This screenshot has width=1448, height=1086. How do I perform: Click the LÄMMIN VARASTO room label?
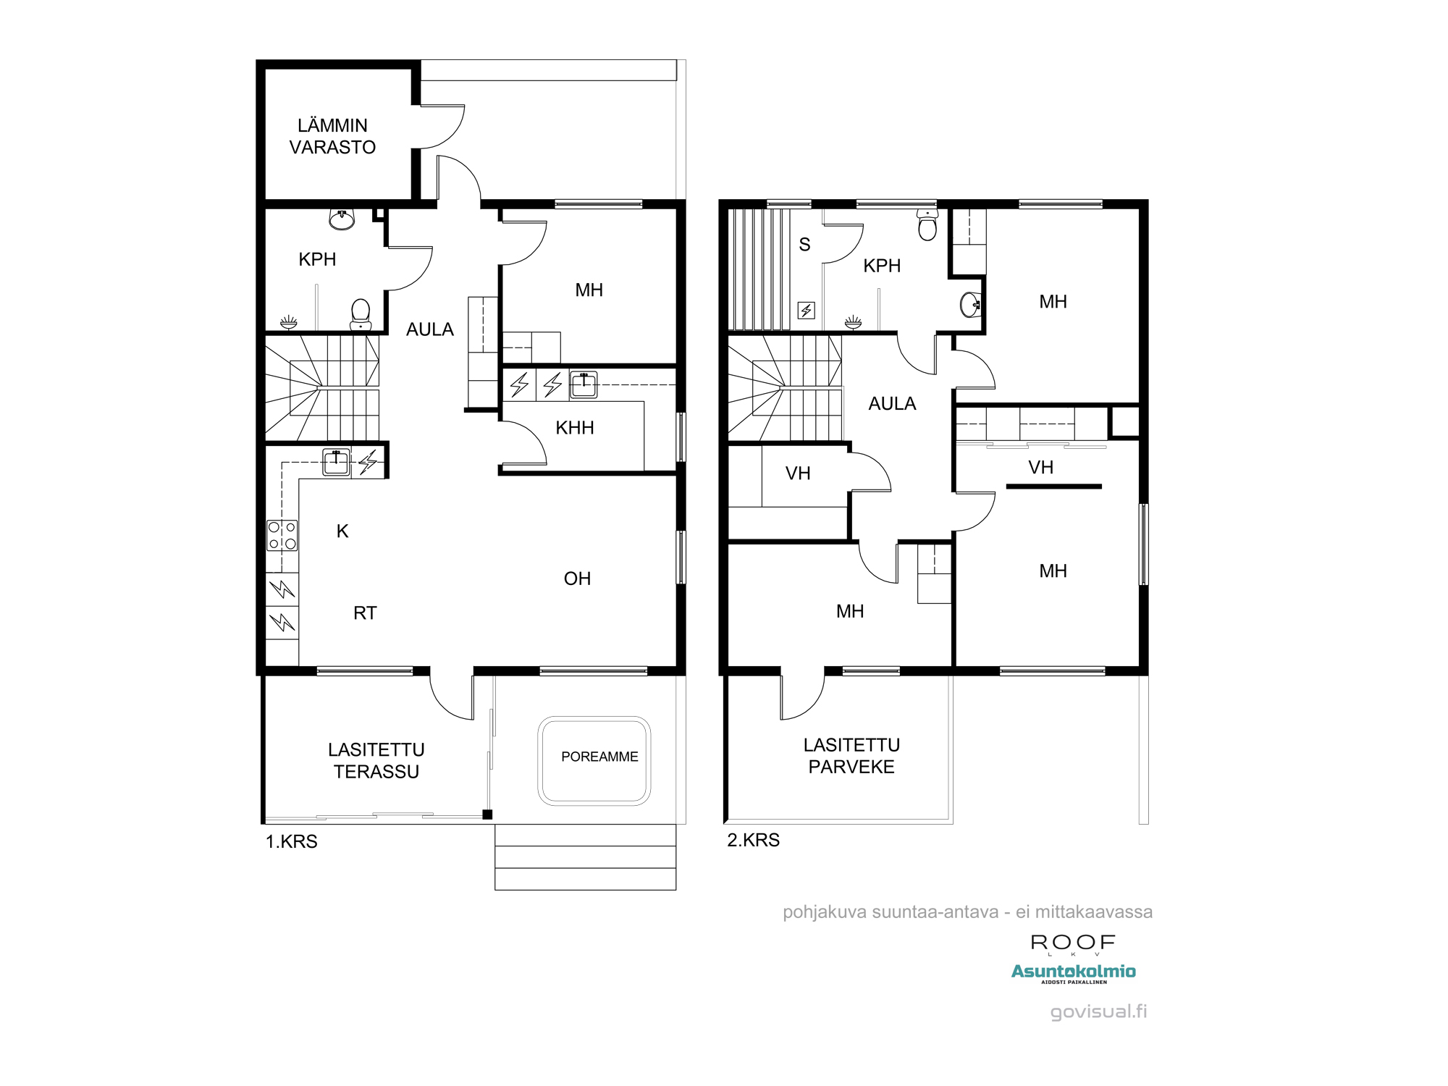[332, 136]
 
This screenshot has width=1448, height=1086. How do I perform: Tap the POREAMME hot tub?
[594, 760]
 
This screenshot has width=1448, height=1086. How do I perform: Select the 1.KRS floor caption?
[291, 841]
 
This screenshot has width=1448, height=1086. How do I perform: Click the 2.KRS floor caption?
[753, 840]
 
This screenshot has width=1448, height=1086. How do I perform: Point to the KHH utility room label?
[574, 428]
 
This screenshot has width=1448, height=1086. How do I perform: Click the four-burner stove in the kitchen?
[282, 536]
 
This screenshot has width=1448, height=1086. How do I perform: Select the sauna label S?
[804, 245]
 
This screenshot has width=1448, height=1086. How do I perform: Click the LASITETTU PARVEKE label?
[851, 756]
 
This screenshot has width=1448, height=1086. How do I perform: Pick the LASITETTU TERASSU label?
[376, 760]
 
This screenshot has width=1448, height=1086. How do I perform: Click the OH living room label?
[577, 578]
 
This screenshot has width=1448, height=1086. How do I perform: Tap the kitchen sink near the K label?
[336, 462]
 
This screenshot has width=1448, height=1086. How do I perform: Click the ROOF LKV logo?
[1073, 944]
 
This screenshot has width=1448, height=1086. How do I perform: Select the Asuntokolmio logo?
[1073, 973]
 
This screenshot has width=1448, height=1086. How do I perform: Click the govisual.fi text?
[1098, 1011]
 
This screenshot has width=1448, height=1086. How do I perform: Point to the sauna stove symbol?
[807, 311]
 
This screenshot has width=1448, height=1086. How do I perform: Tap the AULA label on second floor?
[892, 403]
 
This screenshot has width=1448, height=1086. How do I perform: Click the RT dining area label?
[365, 613]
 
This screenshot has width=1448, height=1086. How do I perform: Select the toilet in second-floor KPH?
[927, 225]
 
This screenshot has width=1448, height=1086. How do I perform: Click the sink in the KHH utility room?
[584, 384]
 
